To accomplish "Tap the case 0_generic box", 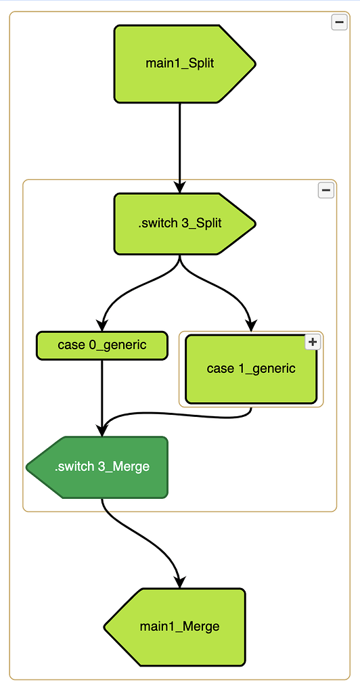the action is tap(102, 345).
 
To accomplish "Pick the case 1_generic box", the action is tap(251, 369).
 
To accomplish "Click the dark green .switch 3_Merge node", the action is tap(97, 467).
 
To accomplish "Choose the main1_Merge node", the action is tap(175, 627).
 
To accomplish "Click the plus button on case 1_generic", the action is tap(313, 342).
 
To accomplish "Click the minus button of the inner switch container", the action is tap(326, 190).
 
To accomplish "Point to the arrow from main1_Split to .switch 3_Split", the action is tap(179, 148).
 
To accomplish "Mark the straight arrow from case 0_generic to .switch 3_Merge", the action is tap(102, 398).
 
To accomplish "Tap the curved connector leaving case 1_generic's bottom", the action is tap(177, 415).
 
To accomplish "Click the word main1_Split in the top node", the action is tap(180, 63).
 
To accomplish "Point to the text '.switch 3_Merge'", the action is tap(102, 467).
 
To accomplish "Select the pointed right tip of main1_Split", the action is tap(255, 64).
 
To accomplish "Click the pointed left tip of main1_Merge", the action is tap(104, 627).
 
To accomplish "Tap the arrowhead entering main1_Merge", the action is tap(180, 582).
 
